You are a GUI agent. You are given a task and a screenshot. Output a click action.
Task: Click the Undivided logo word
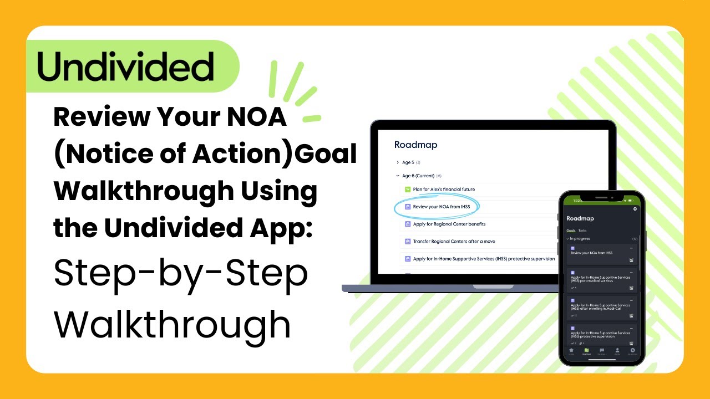tap(125, 67)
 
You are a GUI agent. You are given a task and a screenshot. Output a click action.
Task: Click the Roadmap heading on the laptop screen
tap(415, 145)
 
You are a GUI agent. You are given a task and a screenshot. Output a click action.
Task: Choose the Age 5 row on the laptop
tap(408, 162)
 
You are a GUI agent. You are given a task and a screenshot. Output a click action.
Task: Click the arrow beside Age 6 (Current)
tap(398, 176)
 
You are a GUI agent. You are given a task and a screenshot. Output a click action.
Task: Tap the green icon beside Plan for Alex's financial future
tap(407, 190)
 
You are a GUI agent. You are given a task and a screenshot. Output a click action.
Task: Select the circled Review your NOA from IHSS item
tap(441, 207)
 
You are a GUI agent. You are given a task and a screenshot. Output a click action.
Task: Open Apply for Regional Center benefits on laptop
tap(449, 224)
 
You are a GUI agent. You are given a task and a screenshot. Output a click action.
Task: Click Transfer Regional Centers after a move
tap(454, 242)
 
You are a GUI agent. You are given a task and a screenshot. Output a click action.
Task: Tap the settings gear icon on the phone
tap(635, 209)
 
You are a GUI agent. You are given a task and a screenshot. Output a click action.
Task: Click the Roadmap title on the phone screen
tap(580, 218)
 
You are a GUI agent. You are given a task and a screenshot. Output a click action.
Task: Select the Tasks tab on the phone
tap(582, 230)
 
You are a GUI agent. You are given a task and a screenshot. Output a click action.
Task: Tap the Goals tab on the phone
tap(570, 230)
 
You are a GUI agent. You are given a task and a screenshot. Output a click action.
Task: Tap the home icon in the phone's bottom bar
tap(571, 351)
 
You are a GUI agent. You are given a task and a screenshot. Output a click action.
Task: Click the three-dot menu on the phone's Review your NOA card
tap(631, 247)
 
